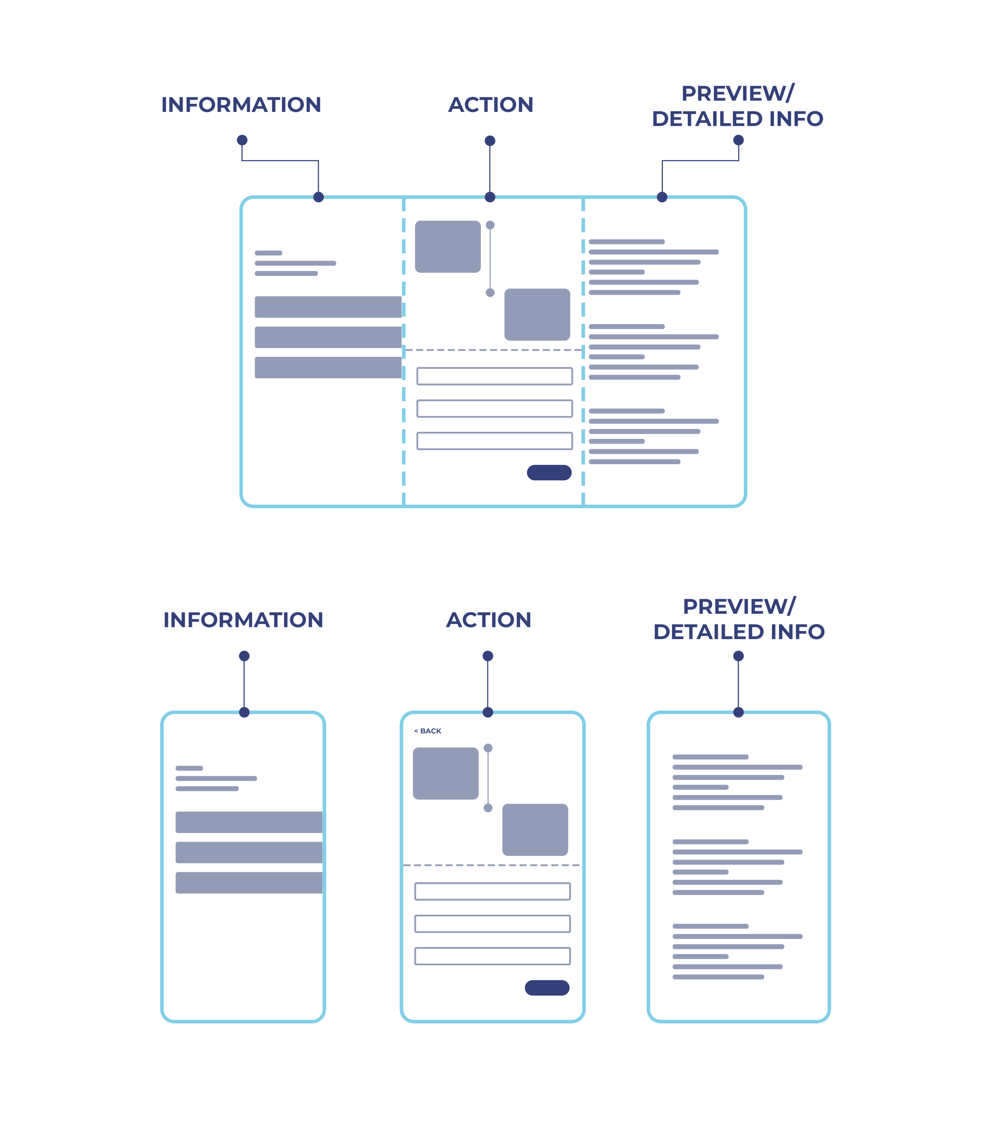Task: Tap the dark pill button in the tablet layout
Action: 549,472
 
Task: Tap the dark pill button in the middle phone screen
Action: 546,988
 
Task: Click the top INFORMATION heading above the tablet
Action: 241,105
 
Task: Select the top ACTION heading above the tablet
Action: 490,105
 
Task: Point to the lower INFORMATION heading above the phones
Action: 243,620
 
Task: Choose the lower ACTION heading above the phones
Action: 488,620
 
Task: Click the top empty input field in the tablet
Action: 494,376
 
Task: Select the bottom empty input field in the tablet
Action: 494,440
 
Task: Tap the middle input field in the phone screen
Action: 492,923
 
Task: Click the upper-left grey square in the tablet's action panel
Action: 447,247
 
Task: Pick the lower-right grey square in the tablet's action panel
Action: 537,314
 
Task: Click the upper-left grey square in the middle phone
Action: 445,773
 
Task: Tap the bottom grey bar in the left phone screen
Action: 249,882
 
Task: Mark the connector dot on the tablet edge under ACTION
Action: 490,197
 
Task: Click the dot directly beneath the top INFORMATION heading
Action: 242,140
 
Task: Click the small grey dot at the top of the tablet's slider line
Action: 490,225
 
